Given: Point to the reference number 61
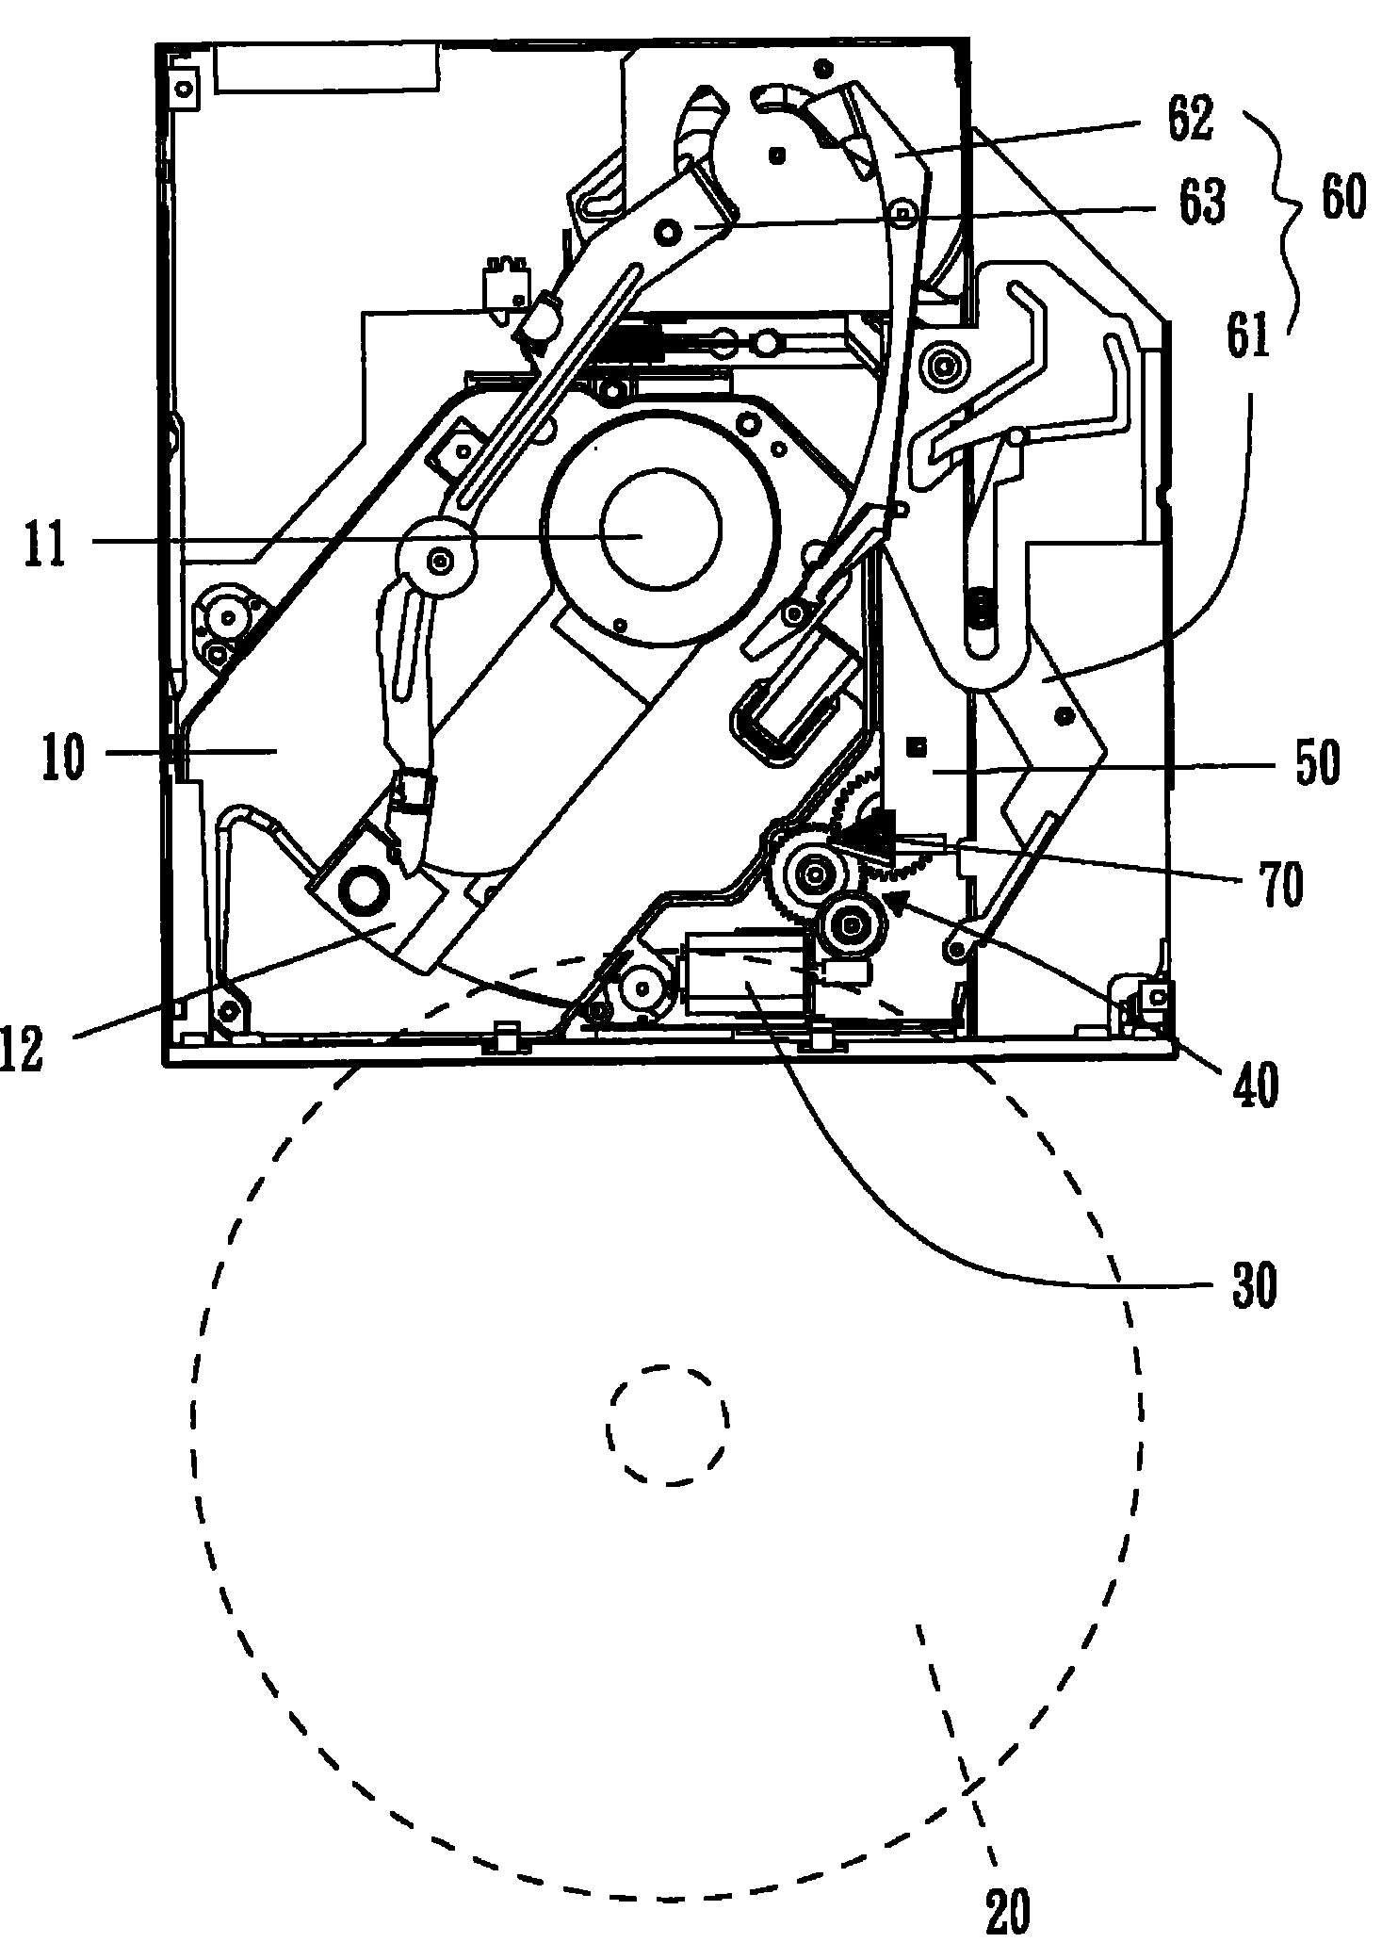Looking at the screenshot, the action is (x=1247, y=335).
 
